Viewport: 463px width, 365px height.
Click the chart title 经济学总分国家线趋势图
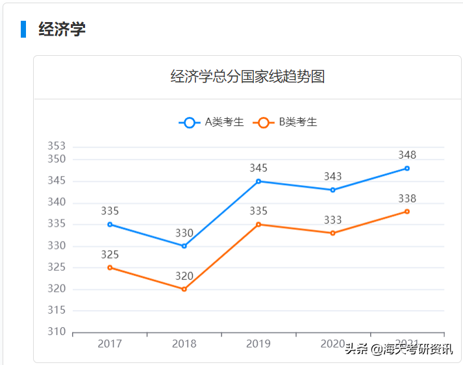coord(247,77)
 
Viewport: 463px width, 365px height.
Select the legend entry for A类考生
coord(212,122)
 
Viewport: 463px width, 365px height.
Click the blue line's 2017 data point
coord(110,224)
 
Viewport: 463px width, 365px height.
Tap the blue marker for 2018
coord(184,246)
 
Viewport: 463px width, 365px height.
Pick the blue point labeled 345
coord(258,181)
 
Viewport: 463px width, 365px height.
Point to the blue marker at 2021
coord(407,168)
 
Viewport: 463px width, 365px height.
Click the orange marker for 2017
coord(110,268)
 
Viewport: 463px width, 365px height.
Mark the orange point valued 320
coord(184,289)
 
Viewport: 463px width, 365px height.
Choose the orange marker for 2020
coord(332,233)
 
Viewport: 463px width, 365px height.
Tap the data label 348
coord(407,155)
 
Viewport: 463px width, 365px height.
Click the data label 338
coord(407,198)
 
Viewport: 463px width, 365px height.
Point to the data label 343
coord(332,177)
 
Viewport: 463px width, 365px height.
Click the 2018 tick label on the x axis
coord(184,344)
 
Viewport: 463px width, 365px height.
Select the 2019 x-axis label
coord(258,344)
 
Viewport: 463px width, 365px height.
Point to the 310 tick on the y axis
coord(56,332)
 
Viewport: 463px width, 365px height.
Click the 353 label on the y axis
coord(56,146)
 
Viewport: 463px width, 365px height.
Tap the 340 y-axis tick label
coord(56,203)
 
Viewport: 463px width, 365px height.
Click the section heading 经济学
coord(62,29)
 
